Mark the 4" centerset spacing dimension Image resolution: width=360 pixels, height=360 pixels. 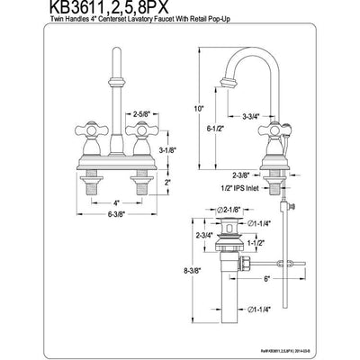(x=114, y=202)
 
